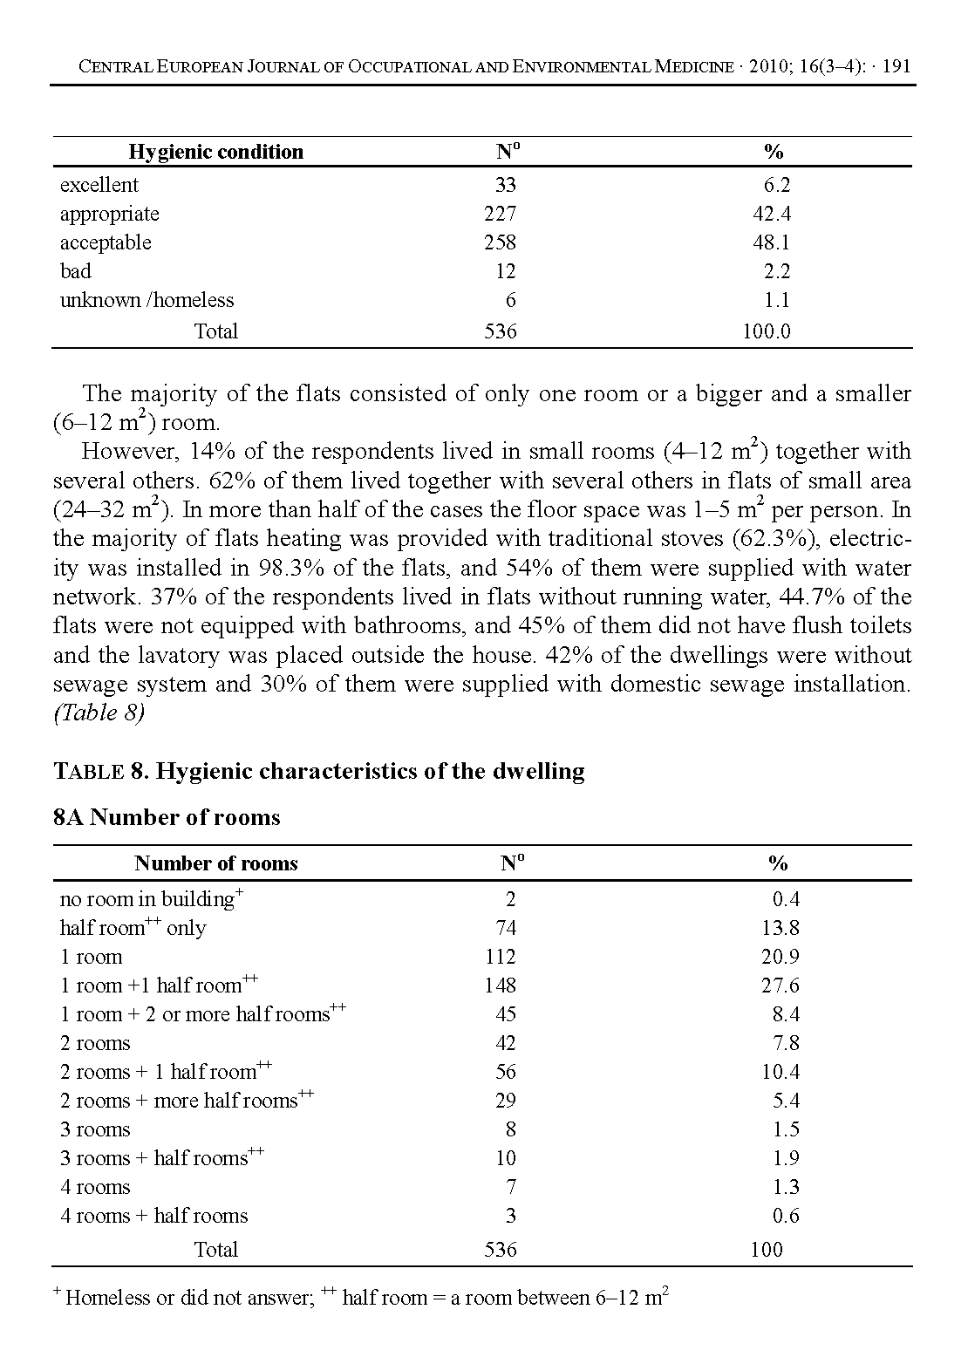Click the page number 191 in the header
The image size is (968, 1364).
[x=896, y=67]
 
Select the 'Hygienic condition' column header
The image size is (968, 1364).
[x=215, y=152]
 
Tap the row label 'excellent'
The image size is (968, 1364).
[x=99, y=185]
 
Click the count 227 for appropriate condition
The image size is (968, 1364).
[x=500, y=214]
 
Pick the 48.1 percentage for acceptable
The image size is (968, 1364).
[x=771, y=242]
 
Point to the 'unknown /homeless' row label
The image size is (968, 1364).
[x=147, y=300]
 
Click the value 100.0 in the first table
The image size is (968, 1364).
[x=767, y=331]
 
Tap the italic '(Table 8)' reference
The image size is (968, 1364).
[x=99, y=713]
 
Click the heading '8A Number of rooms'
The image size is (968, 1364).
[x=167, y=817]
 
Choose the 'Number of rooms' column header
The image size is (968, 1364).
[x=215, y=863]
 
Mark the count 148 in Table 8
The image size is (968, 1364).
[x=500, y=985]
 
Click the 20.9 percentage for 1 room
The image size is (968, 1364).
[x=780, y=957]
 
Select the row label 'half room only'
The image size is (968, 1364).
[x=133, y=928]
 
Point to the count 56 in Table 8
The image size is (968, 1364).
[x=505, y=1072]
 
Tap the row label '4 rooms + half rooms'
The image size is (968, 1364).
[x=153, y=1216]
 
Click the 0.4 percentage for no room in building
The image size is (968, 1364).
[x=786, y=899]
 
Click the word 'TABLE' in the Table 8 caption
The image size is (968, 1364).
[x=88, y=772]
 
